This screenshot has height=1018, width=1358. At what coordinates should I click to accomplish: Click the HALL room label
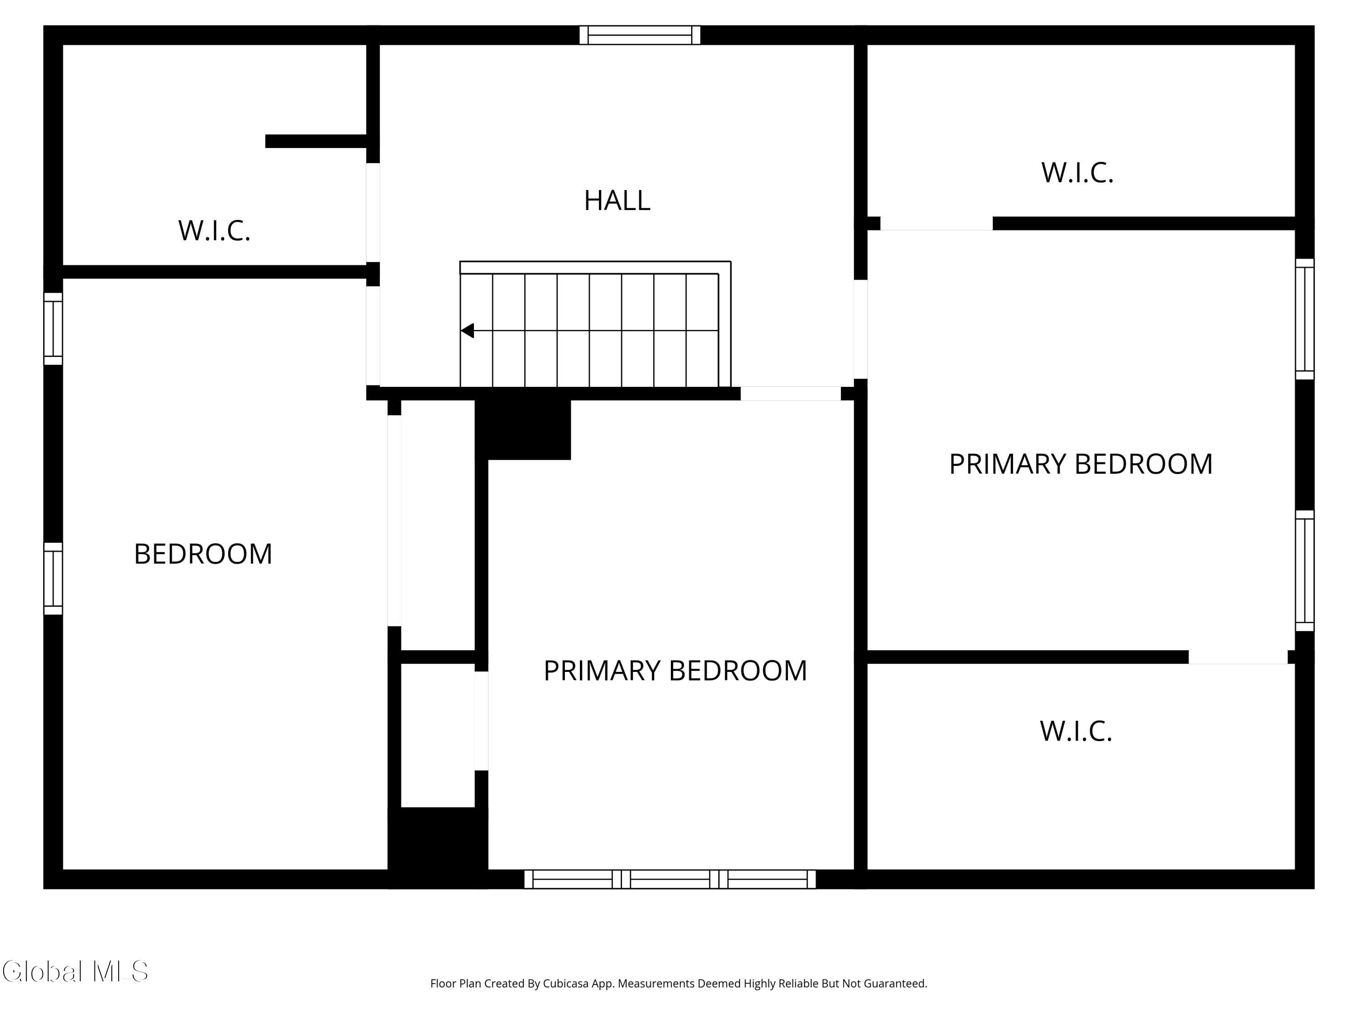617,200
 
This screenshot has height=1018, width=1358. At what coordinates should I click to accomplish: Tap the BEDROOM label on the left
203,554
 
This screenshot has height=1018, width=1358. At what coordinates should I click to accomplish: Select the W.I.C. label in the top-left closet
214,231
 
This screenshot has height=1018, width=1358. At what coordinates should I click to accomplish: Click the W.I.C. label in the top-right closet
1077,173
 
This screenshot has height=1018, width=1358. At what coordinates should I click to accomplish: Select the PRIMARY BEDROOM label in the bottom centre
675,671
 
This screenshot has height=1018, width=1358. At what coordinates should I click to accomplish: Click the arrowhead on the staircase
467,331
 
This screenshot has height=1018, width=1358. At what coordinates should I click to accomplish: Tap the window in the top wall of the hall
640,35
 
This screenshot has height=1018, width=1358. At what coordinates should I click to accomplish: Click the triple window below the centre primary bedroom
670,879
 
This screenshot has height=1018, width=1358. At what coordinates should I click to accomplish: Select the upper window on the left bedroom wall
53,328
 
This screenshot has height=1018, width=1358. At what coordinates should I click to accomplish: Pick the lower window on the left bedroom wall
53,578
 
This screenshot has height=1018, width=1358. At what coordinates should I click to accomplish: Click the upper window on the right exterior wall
1304,319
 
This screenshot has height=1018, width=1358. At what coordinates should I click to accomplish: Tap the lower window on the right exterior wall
1304,570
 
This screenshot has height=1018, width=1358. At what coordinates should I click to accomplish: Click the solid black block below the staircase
523,429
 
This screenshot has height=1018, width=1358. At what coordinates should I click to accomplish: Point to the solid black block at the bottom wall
437,847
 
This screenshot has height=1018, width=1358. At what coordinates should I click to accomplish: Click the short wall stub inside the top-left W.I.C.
316,141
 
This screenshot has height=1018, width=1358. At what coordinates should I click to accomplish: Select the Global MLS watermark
75,971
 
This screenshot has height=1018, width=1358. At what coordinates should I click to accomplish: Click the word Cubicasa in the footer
565,984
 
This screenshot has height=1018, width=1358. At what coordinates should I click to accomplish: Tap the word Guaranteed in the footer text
895,984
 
